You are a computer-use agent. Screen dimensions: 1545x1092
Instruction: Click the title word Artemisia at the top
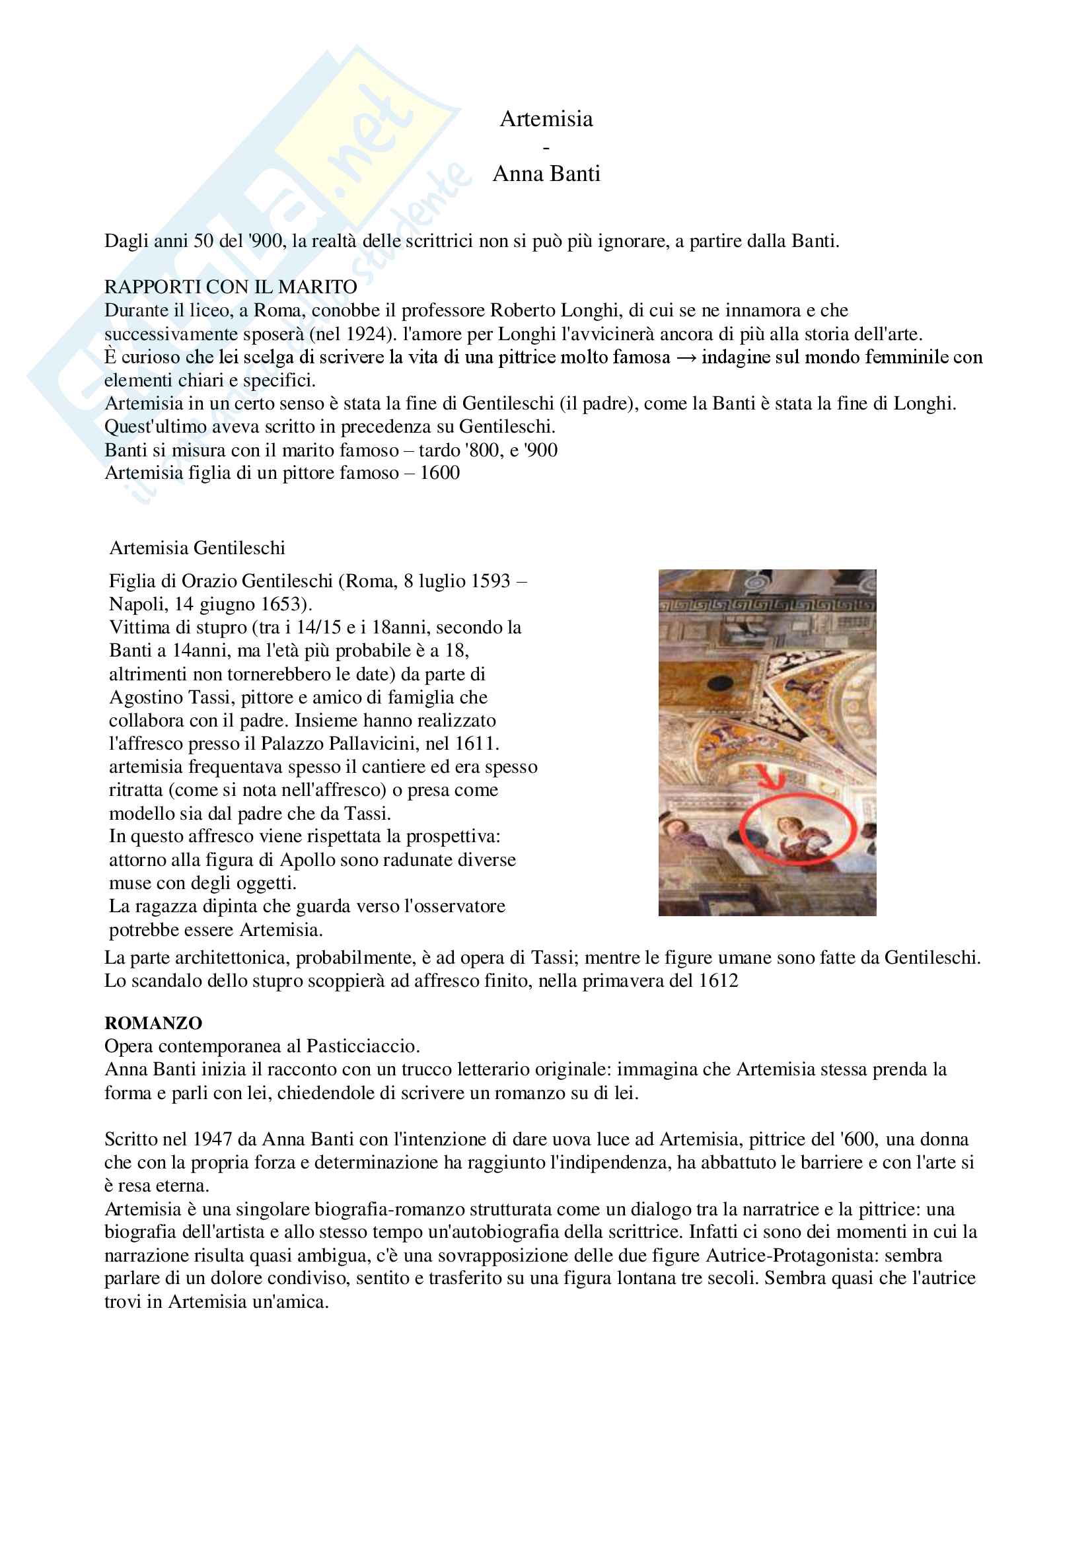coord(546,119)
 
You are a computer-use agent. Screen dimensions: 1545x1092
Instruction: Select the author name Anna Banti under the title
coord(546,174)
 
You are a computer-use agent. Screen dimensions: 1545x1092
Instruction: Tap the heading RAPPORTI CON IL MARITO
coord(230,287)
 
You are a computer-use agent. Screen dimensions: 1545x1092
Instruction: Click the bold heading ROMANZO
coord(153,1023)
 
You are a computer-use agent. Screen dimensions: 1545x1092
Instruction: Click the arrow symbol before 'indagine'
coord(686,357)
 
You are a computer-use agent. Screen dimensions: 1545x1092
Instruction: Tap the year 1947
coord(212,1139)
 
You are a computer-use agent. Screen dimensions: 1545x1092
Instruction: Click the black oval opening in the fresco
coord(720,682)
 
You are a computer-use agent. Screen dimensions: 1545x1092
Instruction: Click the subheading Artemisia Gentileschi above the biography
coord(197,548)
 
